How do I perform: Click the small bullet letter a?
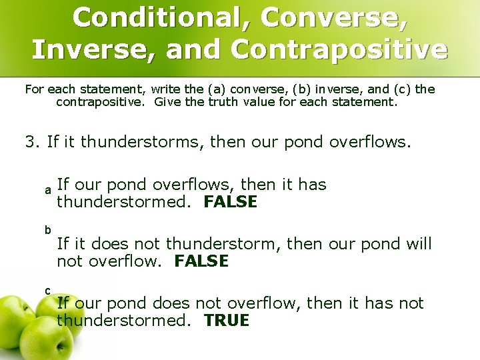pyautogui.click(x=48, y=191)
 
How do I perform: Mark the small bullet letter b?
pyautogui.click(x=48, y=230)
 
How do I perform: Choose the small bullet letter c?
pyautogui.click(x=47, y=290)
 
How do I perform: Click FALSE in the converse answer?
pyautogui.click(x=230, y=202)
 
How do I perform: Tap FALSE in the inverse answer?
pyautogui.click(x=201, y=261)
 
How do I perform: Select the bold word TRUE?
pyautogui.click(x=227, y=321)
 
